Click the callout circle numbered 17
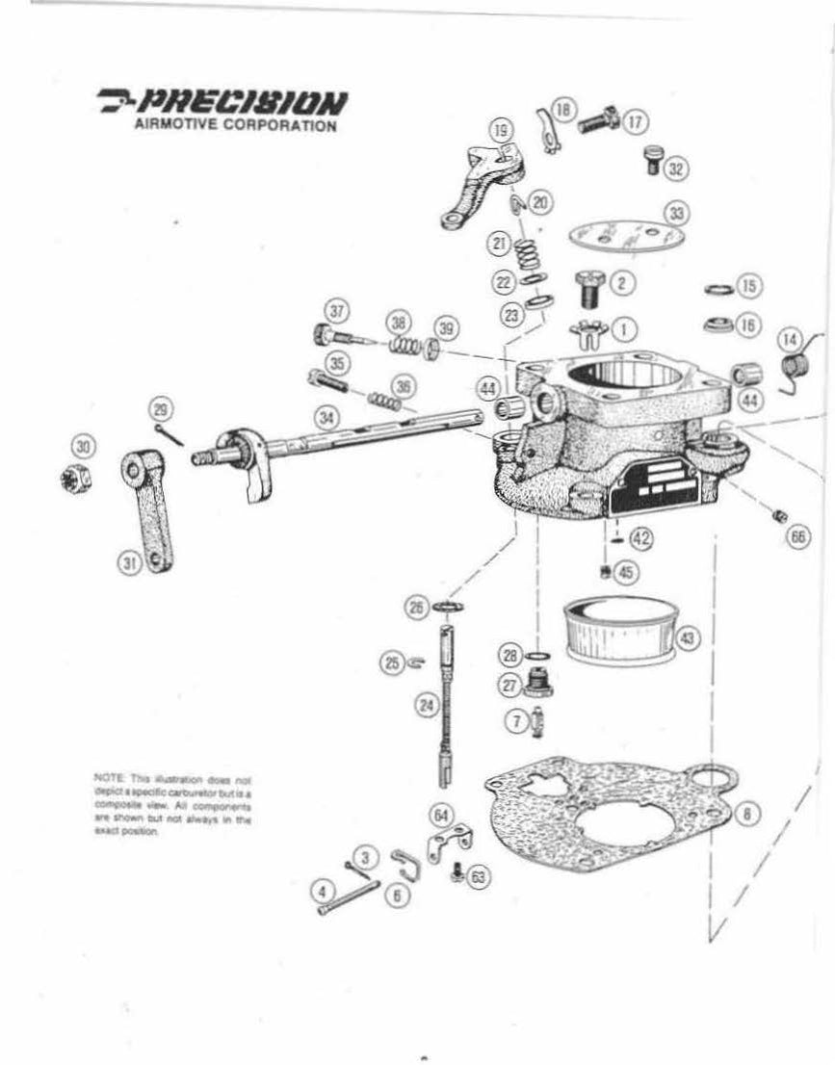636,122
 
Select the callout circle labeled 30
84,446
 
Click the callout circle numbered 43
687,636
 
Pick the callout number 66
796,537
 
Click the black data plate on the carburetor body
655,494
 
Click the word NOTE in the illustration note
105,776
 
